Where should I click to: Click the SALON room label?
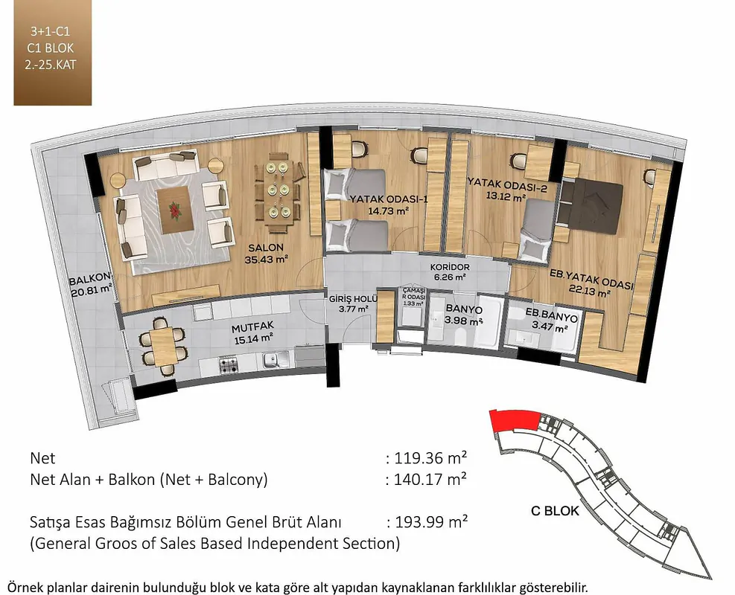tap(266, 248)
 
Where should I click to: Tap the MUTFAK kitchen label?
tap(252, 327)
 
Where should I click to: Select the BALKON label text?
tap(89, 280)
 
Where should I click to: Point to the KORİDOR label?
tap(450, 267)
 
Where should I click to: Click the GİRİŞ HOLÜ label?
tap(353, 299)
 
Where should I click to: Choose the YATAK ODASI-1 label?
tap(389, 199)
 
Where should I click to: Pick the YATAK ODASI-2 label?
tap(507, 184)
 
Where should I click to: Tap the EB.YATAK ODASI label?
tap(591, 279)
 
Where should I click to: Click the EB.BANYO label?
tap(551, 315)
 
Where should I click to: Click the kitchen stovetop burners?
tap(229, 364)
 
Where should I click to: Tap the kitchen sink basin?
tap(271, 360)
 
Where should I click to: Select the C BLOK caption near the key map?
tap(555, 510)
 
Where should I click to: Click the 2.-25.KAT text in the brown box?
tap(51, 65)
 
